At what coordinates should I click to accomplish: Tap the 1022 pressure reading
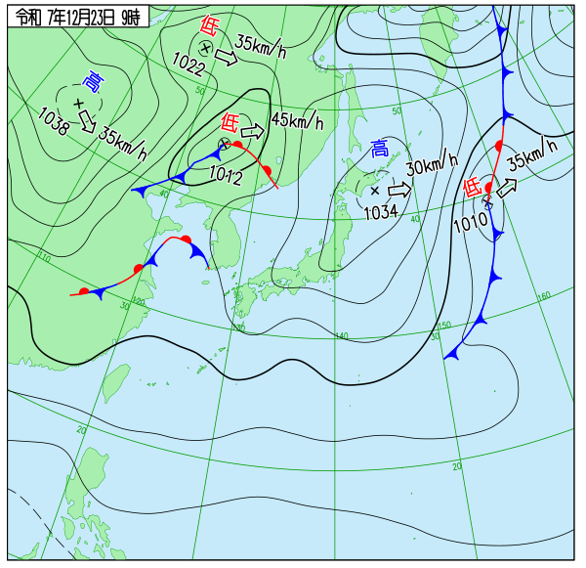[x=188, y=62]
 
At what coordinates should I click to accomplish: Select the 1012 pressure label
[x=226, y=175]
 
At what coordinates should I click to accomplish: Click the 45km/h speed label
[x=297, y=121]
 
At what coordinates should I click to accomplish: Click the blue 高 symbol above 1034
[x=380, y=149]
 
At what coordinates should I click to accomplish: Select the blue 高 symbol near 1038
[x=93, y=80]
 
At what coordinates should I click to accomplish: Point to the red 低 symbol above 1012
[x=230, y=122]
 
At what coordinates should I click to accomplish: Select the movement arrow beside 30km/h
[x=399, y=187]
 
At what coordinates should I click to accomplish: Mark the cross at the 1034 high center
[x=374, y=191]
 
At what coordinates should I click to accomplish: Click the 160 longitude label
[x=544, y=295]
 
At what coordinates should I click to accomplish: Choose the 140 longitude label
[x=342, y=336]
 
